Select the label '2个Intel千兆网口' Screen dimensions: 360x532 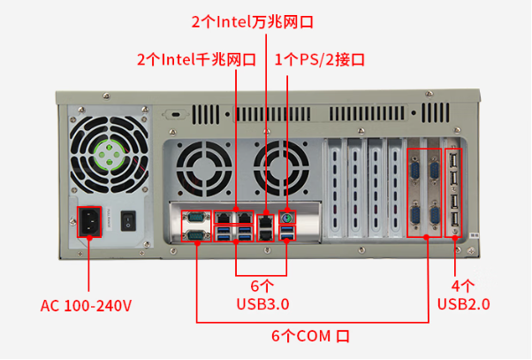click(x=195, y=60)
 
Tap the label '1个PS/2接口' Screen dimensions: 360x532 click(x=320, y=60)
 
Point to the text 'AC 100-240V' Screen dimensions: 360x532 click(x=87, y=306)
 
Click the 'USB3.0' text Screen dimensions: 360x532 click(x=263, y=303)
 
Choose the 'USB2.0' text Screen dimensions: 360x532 click(x=464, y=304)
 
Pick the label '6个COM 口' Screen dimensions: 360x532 click(x=310, y=337)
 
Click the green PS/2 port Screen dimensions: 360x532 click(x=287, y=218)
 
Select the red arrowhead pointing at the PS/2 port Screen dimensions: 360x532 click(x=287, y=81)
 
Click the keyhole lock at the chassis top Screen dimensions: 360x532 click(x=176, y=115)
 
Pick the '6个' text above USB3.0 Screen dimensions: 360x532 click(x=262, y=286)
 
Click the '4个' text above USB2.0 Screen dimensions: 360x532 click(x=463, y=286)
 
